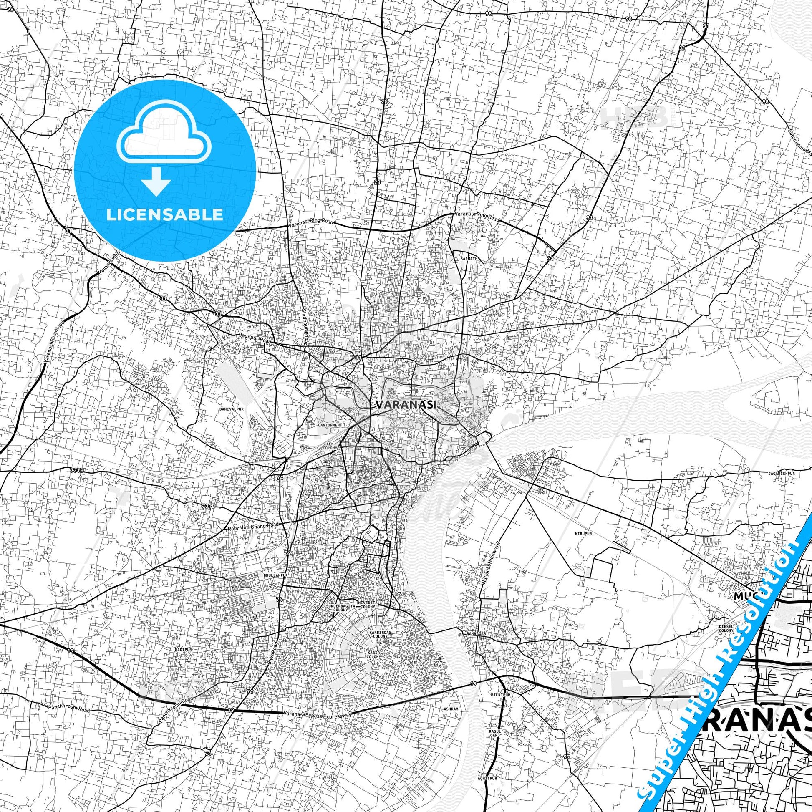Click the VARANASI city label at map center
[405, 404]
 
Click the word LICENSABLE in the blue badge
[165, 214]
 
